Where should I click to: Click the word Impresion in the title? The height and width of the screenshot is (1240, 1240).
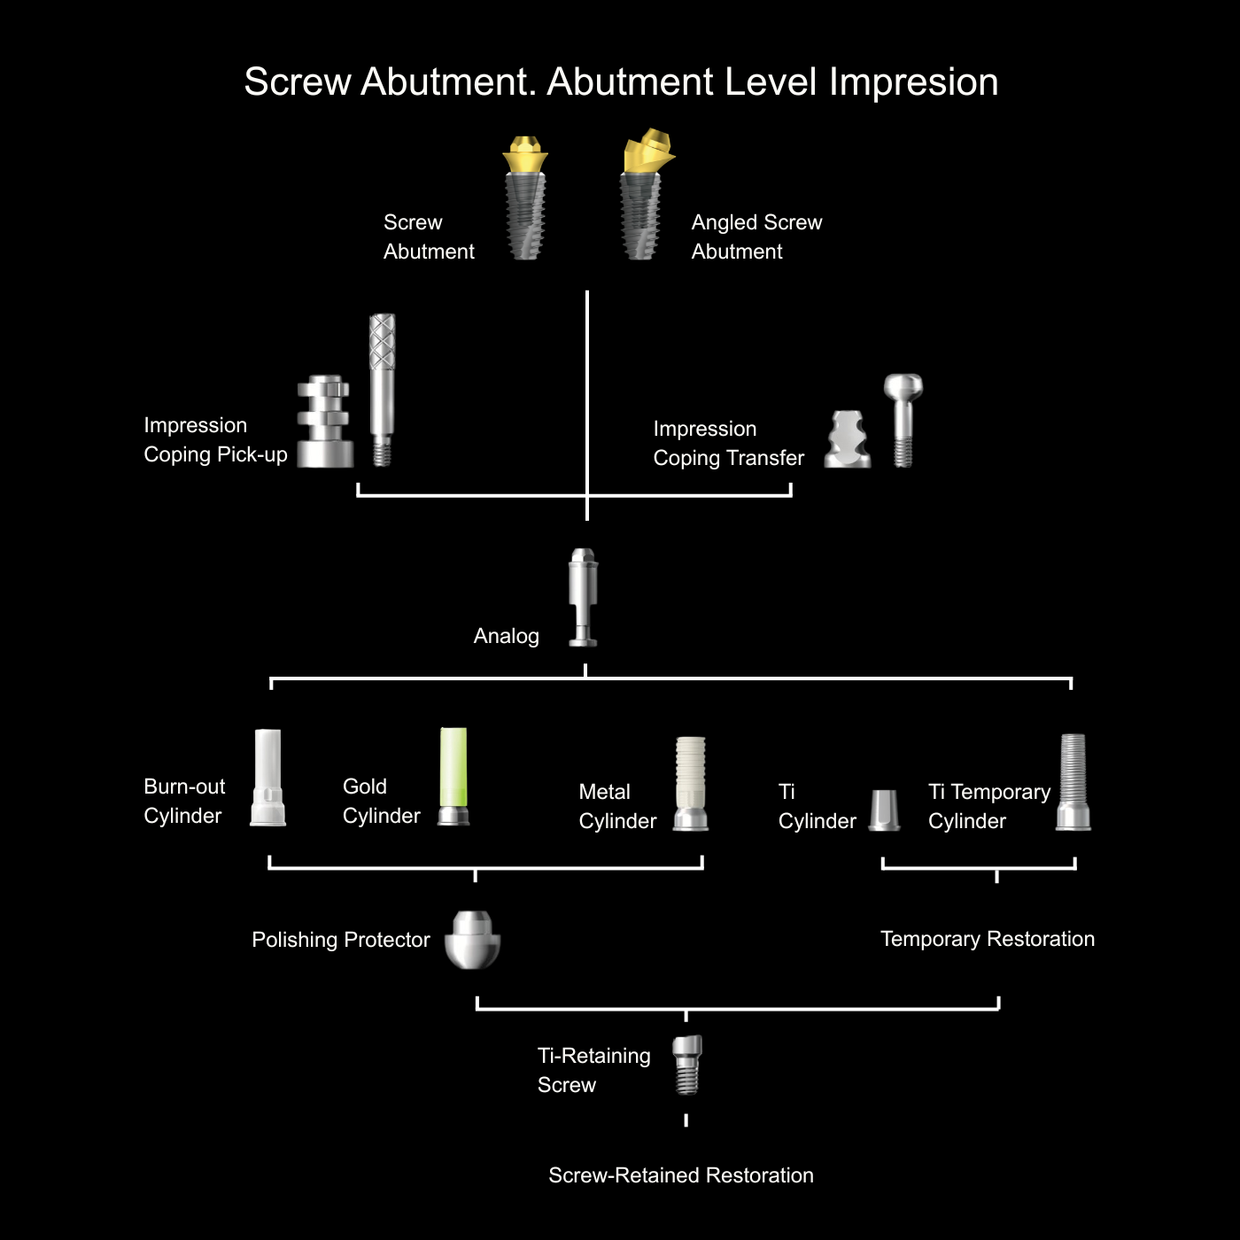(913, 82)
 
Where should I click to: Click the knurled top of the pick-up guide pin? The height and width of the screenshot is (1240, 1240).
(382, 341)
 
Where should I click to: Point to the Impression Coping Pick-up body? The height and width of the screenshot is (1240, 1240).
(324, 422)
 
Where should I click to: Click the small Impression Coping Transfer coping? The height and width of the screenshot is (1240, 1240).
(848, 440)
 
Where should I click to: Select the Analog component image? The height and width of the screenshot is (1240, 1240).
(583, 597)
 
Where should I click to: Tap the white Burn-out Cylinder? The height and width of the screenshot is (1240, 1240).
(267, 778)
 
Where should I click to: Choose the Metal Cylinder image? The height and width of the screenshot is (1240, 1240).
(691, 783)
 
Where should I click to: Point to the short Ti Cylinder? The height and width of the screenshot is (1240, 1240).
(885, 810)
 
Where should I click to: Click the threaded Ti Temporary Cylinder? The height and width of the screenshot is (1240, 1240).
(1073, 781)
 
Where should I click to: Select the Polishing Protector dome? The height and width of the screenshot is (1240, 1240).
(472, 940)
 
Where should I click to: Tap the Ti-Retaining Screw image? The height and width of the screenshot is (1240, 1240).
(686, 1064)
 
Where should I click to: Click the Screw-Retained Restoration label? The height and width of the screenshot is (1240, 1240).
(680, 1175)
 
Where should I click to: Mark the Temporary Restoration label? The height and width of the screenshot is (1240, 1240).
(987, 939)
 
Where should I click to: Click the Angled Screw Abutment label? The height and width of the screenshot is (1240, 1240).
(756, 236)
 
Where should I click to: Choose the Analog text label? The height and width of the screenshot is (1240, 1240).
(506, 636)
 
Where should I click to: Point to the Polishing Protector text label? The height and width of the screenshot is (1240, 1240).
(341, 940)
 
